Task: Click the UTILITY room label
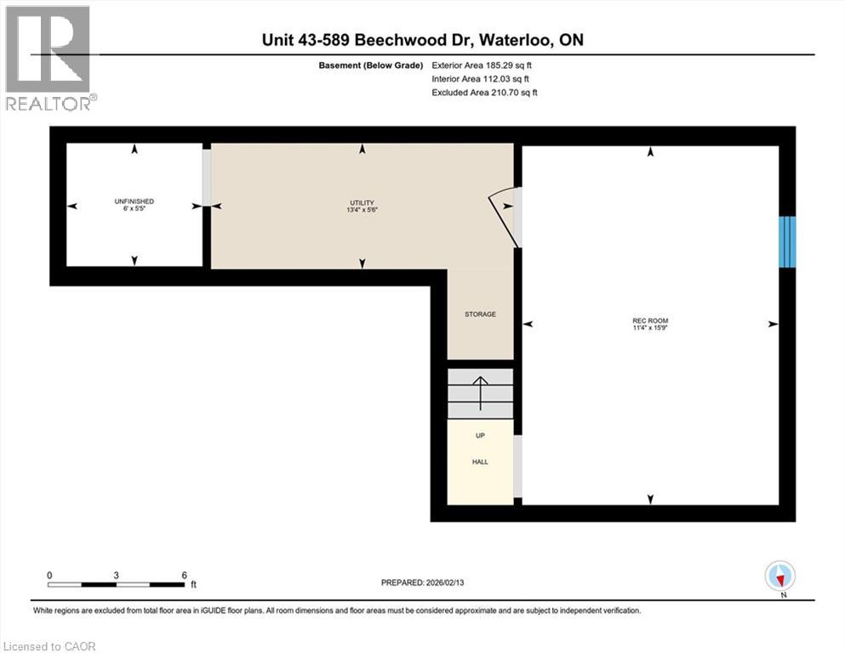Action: point(362,202)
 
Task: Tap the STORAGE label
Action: point(480,315)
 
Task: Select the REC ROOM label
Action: point(650,321)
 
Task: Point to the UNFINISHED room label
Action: point(134,202)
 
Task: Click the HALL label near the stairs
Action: point(480,463)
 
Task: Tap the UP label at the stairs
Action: point(480,435)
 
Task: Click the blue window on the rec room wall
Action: point(788,241)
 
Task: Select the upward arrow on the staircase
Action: point(480,393)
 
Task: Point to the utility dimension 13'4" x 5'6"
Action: point(362,210)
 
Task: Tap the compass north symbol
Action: point(779,576)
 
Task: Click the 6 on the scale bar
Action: point(185,576)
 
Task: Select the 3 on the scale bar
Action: point(117,576)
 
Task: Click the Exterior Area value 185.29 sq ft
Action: point(507,65)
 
